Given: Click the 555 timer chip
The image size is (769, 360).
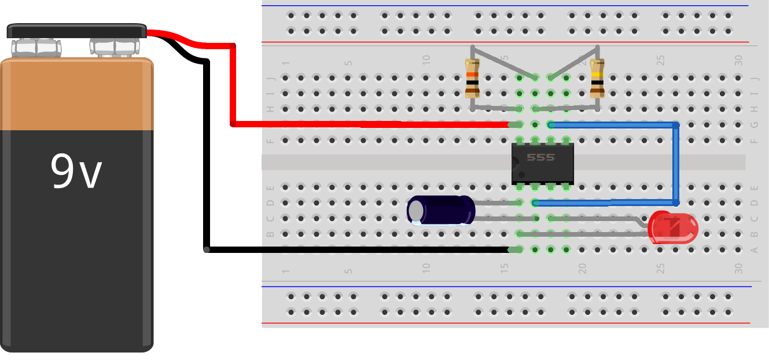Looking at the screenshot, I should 542,163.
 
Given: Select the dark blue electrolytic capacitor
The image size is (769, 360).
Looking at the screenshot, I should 441,210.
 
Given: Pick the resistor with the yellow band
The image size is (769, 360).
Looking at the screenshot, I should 597,78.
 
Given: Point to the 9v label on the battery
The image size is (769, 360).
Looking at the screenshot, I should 76,172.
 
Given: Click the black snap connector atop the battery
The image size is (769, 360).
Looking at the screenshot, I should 76,31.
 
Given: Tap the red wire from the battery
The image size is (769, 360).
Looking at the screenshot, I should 233,87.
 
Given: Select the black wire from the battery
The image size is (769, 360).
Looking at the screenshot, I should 206,174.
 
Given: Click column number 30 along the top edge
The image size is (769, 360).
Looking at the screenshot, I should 738,59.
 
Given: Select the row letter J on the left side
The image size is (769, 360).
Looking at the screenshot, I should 270,78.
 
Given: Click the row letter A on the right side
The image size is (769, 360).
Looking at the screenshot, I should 753,250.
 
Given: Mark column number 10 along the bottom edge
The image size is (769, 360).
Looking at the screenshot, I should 426,269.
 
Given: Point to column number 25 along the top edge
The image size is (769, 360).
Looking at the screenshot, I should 660,59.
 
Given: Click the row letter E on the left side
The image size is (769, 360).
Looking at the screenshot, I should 270,188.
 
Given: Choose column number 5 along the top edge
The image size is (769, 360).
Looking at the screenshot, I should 348,62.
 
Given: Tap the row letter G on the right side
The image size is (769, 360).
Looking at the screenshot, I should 753,125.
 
